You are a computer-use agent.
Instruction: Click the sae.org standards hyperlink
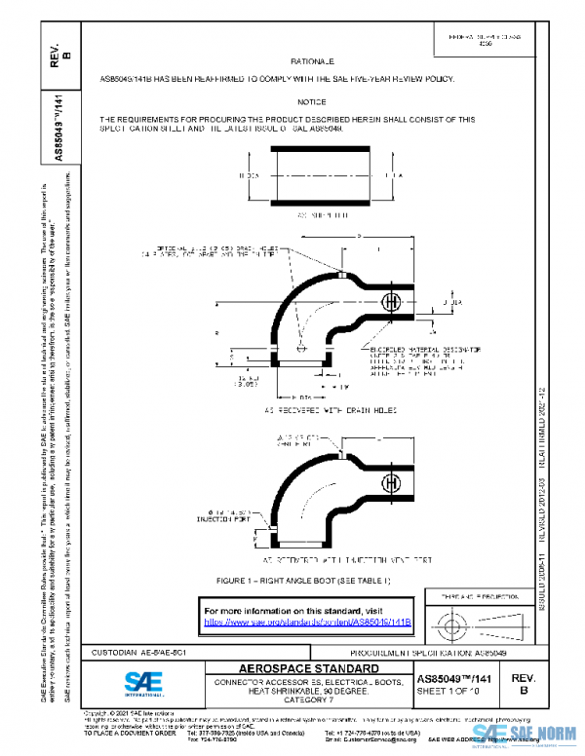[308, 621]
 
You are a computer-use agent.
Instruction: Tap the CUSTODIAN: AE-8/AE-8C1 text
[134, 651]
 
